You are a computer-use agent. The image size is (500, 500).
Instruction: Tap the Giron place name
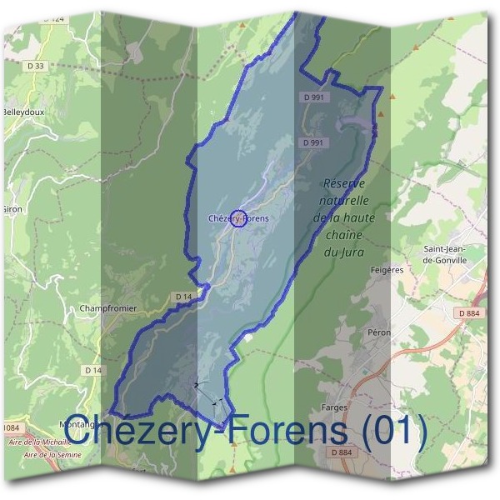click(x=12, y=209)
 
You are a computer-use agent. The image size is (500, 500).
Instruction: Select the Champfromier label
click(x=107, y=308)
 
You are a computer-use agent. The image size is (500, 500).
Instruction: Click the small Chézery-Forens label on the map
click(x=239, y=218)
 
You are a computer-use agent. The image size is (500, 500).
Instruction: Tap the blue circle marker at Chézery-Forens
click(x=237, y=218)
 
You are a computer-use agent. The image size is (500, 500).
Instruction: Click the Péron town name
click(x=379, y=332)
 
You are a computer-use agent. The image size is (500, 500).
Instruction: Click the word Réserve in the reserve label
click(x=344, y=183)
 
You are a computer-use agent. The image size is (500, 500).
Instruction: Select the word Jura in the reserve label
click(x=354, y=251)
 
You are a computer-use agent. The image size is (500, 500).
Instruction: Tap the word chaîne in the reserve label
click(x=342, y=234)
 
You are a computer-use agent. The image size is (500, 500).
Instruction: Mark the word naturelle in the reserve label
click(x=341, y=201)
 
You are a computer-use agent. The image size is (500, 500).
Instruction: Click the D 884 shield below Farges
click(x=342, y=452)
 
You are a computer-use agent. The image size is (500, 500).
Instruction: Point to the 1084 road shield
click(x=10, y=428)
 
